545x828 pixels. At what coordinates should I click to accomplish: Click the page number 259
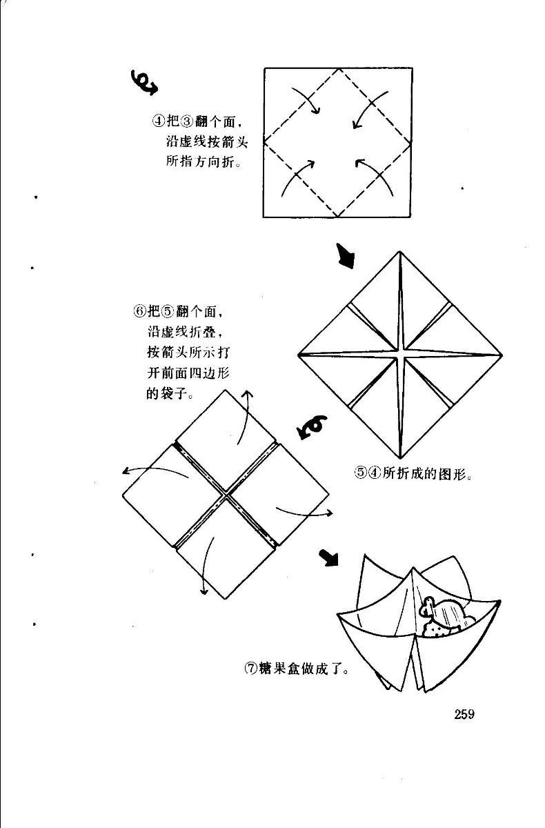pyautogui.click(x=464, y=714)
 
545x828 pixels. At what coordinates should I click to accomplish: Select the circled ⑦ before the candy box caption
pyautogui.click(x=250, y=668)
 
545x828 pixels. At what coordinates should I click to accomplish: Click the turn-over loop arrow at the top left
pyautogui.click(x=143, y=81)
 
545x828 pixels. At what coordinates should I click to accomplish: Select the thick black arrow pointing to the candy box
pyautogui.click(x=329, y=556)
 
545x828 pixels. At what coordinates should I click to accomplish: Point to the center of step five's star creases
pyautogui.click(x=400, y=355)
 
